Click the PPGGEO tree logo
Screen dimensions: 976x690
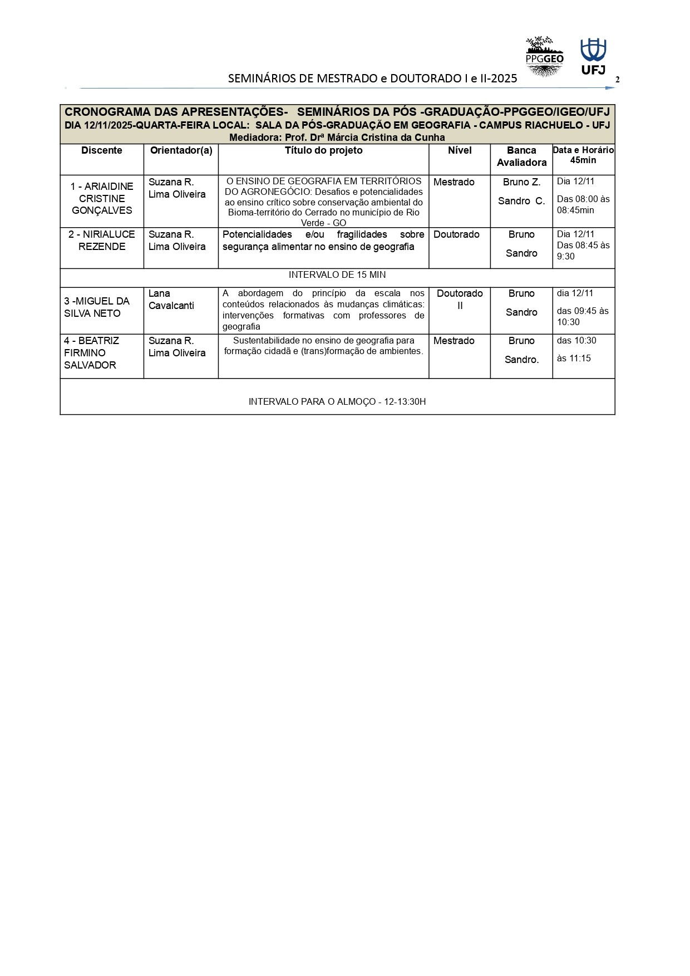(544, 56)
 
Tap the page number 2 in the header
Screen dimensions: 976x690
(617, 80)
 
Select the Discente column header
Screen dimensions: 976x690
(102, 150)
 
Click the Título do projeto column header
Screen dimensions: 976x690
(323, 150)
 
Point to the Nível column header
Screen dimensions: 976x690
(460, 150)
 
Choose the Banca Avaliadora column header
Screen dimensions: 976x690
(521, 156)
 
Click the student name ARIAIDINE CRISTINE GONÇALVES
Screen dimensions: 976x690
(102, 198)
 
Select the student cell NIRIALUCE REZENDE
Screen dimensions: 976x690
(102, 241)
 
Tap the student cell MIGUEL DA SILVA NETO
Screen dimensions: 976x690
(96, 307)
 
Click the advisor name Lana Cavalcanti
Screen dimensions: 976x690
(171, 300)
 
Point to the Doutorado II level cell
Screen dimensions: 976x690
(460, 300)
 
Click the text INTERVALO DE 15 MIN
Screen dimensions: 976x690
(337, 275)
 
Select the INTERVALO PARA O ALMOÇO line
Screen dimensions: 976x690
(337, 401)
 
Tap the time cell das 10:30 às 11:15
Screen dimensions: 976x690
(576, 349)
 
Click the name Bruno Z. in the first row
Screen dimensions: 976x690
(521, 182)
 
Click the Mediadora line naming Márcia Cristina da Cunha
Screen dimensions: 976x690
(337, 138)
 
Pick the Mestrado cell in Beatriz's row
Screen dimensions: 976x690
(454, 341)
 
